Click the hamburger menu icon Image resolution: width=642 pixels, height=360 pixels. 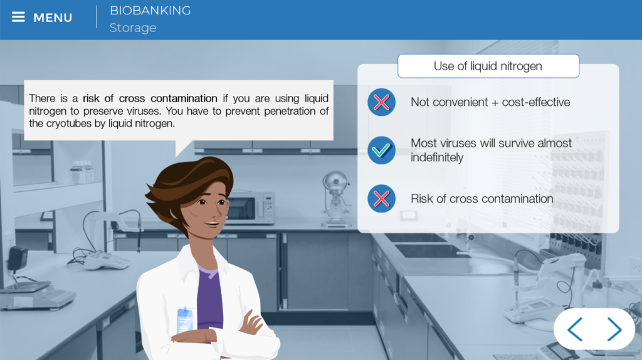click(18, 17)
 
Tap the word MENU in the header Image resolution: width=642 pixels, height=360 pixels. click(53, 18)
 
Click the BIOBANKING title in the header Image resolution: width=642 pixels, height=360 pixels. click(150, 10)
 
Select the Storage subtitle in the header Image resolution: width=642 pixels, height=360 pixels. click(133, 28)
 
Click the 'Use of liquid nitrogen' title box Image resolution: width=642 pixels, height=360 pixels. click(488, 66)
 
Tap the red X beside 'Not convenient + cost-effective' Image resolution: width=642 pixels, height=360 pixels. click(381, 102)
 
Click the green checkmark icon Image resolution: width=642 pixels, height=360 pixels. click(381, 151)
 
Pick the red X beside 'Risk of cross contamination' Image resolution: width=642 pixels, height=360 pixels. click(381, 199)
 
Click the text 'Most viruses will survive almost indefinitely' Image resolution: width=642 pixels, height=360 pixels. click(491, 150)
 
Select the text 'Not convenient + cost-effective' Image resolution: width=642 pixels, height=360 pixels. click(490, 102)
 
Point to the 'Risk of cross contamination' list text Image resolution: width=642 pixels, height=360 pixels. click(481, 199)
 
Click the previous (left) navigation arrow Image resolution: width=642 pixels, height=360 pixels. click(575, 329)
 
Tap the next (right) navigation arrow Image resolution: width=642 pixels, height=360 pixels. click(614, 329)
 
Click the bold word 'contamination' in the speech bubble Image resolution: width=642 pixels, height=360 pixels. click(184, 98)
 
